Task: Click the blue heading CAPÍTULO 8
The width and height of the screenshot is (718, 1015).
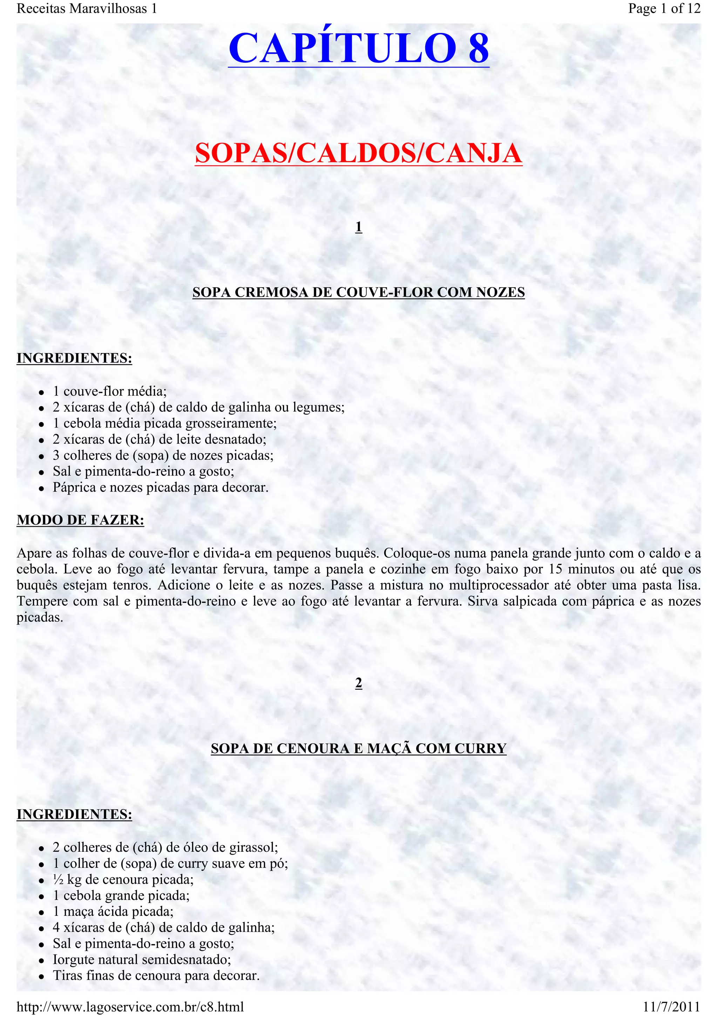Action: [x=358, y=48]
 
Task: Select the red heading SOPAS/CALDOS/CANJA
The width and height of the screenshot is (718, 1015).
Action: [x=358, y=153]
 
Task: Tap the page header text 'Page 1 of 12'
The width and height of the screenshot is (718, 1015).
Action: [x=664, y=8]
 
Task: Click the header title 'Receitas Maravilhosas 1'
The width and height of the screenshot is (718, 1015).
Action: [x=87, y=8]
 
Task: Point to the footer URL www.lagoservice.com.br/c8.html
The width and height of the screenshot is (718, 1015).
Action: [x=130, y=1007]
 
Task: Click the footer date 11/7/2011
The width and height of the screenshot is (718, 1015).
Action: [x=672, y=1007]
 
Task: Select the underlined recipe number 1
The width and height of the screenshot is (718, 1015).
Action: [x=359, y=227]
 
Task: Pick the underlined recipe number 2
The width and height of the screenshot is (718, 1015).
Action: [x=359, y=683]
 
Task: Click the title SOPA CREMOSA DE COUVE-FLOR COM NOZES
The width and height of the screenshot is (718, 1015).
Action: [x=358, y=292]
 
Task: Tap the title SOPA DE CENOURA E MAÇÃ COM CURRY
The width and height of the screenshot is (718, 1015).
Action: [x=358, y=748]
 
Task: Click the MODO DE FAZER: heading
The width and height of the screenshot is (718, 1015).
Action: [x=81, y=520]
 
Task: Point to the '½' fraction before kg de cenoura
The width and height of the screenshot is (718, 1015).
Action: [x=58, y=880]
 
